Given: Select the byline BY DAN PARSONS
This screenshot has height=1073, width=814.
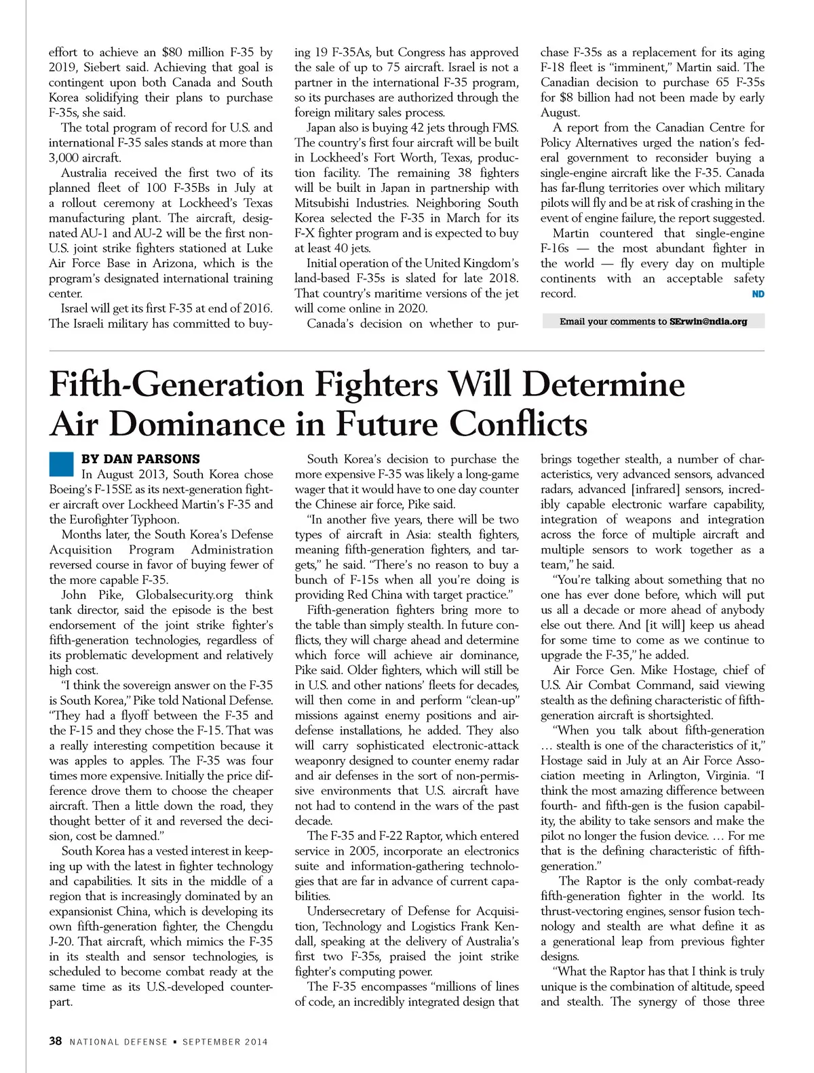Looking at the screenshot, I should [140, 459].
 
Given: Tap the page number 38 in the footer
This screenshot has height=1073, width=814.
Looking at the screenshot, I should [56, 1041].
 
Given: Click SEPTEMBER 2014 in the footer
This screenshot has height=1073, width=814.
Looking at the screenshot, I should [225, 1042].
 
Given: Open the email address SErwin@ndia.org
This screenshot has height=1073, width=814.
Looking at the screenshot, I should [708, 321].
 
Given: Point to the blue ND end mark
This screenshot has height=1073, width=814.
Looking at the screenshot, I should [758, 294].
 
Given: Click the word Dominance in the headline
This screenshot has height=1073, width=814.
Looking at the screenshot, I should [197, 424].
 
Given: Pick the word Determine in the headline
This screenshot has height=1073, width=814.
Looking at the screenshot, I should [604, 385].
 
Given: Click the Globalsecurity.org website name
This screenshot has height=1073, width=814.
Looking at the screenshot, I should [185, 595].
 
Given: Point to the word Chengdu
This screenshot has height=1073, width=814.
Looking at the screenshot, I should [248, 926].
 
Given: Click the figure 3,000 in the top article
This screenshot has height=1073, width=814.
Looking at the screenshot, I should [66, 158].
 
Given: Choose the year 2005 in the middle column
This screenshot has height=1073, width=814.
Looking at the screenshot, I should [367, 851].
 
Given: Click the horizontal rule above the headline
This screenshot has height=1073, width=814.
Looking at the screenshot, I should [407, 351].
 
